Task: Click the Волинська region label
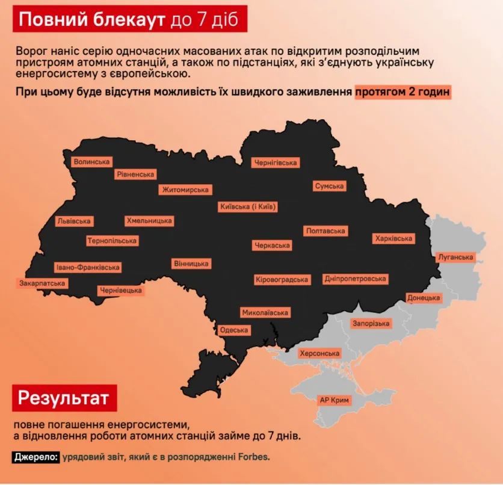pyautogui.click(x=91, y=162)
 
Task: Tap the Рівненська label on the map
pyautogui.click(x=135, y=175)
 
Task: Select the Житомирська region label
pyautogui.click(x=185, y=190)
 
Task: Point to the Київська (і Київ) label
pyautogui.click(x=248, y=207)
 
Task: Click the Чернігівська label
pyautogui.click(x=276, y=162)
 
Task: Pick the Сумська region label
pyautogui.click(x=329, y=186)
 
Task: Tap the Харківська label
pyautogui.click(x=393, y=239)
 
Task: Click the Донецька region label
pyautogui.click(x=424, y=298)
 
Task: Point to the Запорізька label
pyautogui.click(x=371, y=324)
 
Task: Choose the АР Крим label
pyautogui.click(x=335, y=400)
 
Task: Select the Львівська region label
pyautogui.click(x=74, y=221)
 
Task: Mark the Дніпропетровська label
pyautogui.click(x=355, y=279)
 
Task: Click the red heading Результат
pyautogui.click(x=64, y=398)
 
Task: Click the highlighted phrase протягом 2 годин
pyautogui.click(x=403, y=93)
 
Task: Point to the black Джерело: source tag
pyautogui.click(x=35, y=457)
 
